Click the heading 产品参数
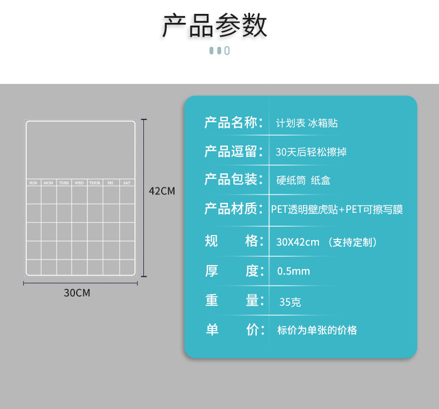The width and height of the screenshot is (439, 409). [x=214, y=25]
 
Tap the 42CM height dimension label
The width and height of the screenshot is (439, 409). [x=162, y=191]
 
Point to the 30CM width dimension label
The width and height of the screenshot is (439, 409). [x=77, y=292]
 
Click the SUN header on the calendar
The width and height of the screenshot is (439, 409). [x=33, y=183]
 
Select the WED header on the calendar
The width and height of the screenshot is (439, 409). [x=79, y=183]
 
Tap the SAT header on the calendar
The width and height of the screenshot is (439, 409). [x=127, y=183]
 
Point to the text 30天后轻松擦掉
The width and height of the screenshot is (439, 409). [x=311, y=152]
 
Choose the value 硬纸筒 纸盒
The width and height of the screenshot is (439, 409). [x=303, y=181]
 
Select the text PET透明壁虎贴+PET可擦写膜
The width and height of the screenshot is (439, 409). [x=337, y=210]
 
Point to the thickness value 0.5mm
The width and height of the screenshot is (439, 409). [x=293, y=271]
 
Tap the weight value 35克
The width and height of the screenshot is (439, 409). [x=290, y=302]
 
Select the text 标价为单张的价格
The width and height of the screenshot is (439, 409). [x=317, y=330]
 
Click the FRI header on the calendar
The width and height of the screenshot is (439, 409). [x=111, y=183]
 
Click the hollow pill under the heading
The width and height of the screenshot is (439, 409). [x=227, y=51]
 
